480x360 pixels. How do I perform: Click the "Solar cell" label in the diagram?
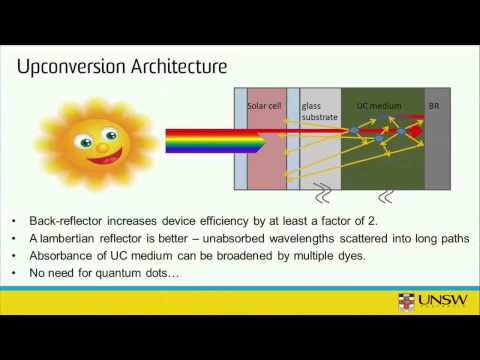265,105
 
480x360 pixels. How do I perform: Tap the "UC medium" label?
378,105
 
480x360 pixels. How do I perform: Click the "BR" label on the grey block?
434,105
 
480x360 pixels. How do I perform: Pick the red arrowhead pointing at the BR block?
418,117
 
